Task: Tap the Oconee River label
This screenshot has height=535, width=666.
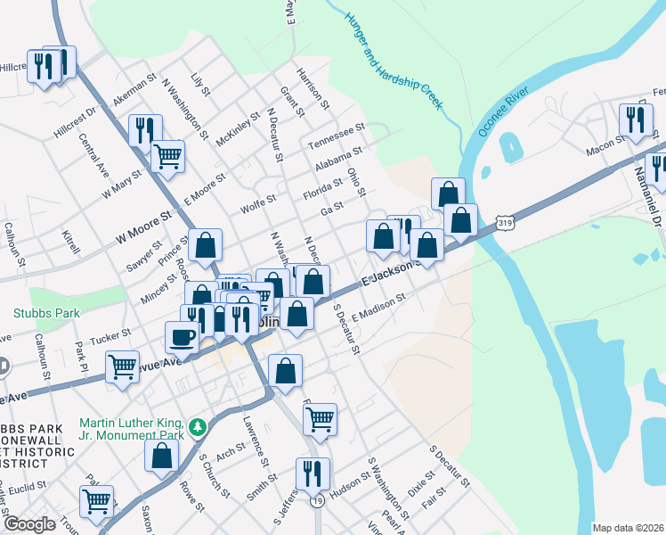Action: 504,111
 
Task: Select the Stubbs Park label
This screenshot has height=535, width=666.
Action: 46,313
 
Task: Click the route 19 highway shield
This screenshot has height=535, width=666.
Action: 316,503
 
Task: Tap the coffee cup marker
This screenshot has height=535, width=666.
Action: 183,336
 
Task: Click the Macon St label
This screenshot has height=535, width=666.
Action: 605,144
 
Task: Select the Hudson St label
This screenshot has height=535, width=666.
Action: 348,481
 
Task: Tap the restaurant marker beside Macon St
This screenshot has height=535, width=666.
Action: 634,119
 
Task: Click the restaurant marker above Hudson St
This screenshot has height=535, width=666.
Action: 312,473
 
